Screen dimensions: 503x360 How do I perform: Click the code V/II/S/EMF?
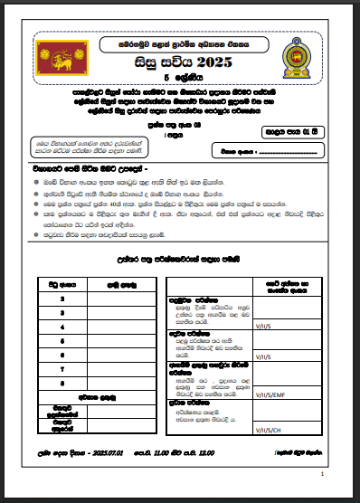pos(272,394)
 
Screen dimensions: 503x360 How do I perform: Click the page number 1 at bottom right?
pos(323,474)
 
